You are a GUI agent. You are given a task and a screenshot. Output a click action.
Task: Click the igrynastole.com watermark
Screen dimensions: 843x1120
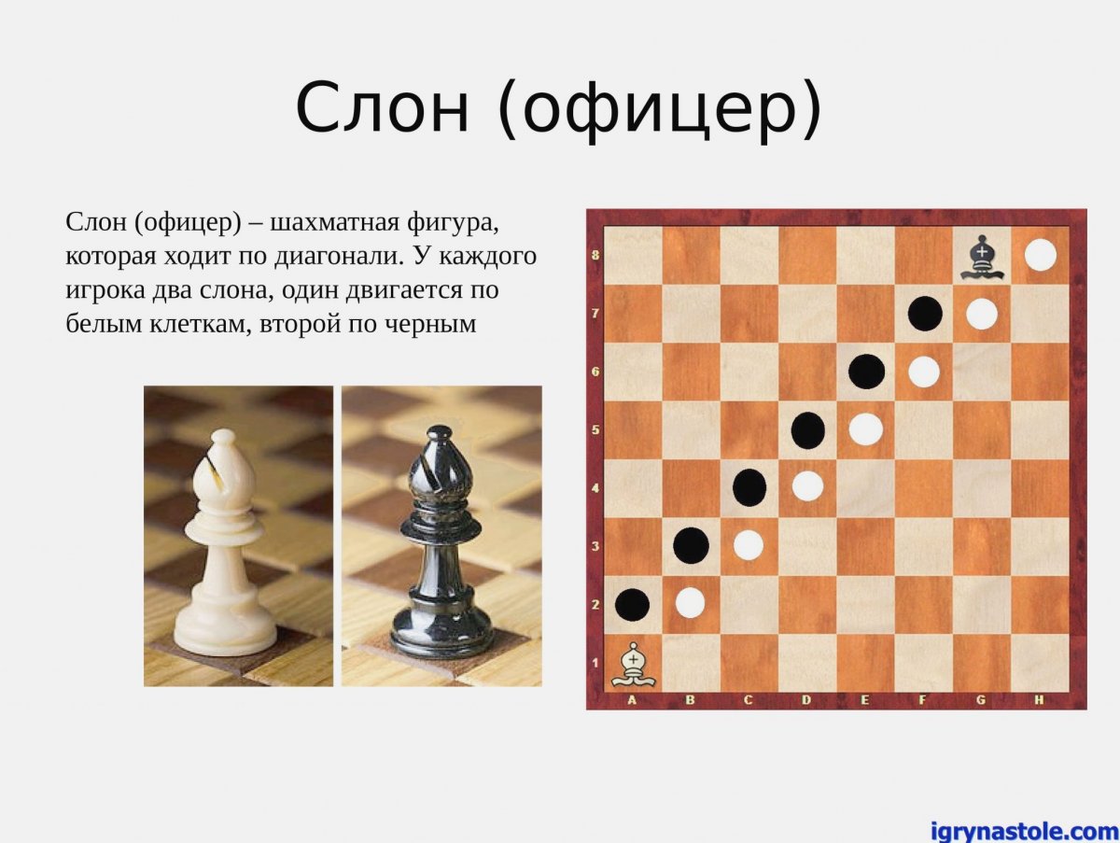(1023, 830)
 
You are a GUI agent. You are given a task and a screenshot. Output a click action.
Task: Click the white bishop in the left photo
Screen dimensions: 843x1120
(225, 546)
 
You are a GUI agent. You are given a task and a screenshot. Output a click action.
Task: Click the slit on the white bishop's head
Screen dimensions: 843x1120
(218, 471)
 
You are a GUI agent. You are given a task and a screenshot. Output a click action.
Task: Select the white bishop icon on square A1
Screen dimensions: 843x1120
(633, 664)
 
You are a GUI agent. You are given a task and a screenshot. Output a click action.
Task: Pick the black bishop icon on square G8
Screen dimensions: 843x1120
(981, 257)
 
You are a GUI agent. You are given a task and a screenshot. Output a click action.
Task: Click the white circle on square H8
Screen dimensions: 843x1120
(1040, 255)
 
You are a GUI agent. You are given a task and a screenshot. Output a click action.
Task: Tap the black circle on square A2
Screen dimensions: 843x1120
(632, 604)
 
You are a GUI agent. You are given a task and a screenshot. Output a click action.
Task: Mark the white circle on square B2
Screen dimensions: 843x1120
(690, 602)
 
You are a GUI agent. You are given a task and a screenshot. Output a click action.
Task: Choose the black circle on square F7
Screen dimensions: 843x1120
(924, 314)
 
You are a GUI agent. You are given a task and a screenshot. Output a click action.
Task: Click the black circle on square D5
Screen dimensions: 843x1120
(807, 430)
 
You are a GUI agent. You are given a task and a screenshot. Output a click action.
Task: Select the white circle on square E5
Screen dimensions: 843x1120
(865, 429)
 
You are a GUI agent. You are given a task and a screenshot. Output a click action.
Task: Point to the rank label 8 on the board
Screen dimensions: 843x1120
(595, 255)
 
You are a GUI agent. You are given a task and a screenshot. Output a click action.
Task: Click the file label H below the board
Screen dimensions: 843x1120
(1039, 699)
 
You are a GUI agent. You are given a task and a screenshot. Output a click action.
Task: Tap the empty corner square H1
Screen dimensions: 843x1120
(1040, 663)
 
